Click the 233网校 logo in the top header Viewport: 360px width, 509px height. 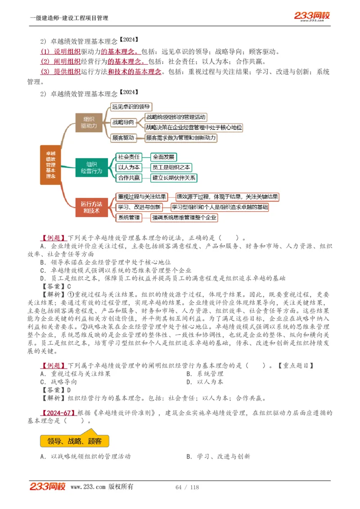pos(312,16)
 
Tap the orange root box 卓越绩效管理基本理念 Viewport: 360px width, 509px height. pos(50,165)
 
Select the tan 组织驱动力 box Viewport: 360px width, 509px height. pos(89,123)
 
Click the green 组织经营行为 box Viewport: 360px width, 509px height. pos(91,167)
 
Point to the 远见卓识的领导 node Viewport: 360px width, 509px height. pos(131,107)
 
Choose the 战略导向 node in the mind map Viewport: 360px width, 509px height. pos(123,122)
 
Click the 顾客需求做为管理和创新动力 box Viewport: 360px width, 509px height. pos(180,138)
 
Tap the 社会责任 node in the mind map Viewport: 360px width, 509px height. pos(129,157)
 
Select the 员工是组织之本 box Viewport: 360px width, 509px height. pos(171,167)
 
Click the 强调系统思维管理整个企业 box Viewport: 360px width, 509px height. pos(184,218)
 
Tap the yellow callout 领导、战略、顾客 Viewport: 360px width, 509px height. pos(74,441)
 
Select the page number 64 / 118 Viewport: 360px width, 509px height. pos(187,487)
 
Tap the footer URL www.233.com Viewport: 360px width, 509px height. pos(88,487)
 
